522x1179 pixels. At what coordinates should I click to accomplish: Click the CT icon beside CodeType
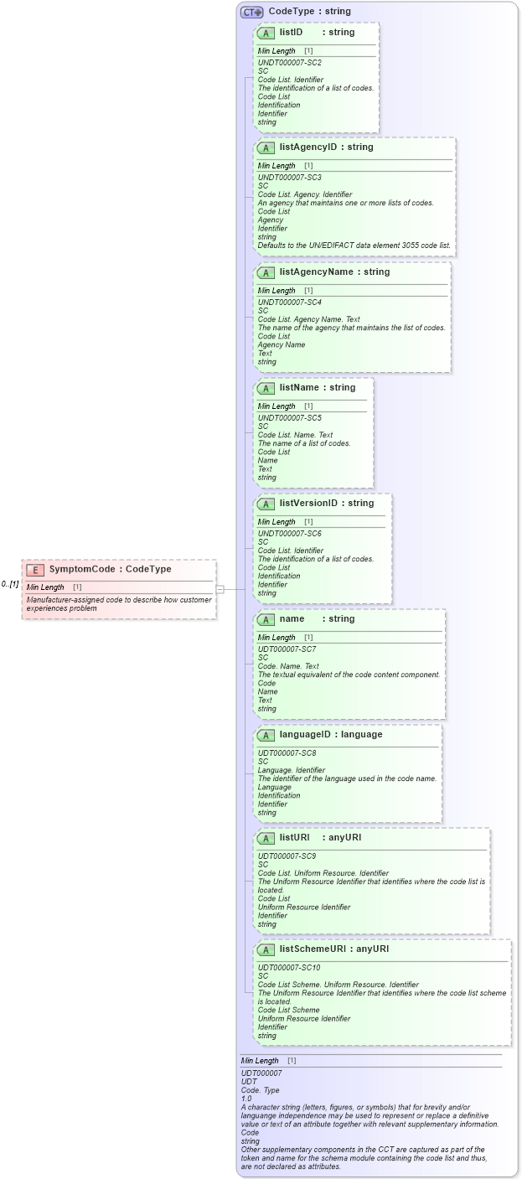251,12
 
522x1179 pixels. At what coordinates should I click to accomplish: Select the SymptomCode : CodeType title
110,570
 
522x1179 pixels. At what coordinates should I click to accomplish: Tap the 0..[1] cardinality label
10,584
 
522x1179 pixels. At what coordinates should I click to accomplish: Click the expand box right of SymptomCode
220,589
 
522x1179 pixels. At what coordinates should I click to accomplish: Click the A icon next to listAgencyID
266,148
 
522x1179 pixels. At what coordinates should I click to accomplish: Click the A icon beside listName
266,389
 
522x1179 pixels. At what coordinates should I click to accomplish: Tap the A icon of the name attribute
266,620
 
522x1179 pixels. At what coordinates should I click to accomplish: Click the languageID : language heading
318,735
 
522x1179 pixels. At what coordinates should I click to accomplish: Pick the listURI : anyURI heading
308,838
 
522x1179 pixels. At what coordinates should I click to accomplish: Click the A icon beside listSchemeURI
266,950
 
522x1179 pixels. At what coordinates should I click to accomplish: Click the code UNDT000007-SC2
289,63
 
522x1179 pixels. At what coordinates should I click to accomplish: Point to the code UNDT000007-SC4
289,303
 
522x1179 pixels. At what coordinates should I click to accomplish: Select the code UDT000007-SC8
287,753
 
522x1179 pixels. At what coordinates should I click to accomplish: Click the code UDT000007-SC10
288,968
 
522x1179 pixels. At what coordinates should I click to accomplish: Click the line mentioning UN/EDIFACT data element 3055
354,246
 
